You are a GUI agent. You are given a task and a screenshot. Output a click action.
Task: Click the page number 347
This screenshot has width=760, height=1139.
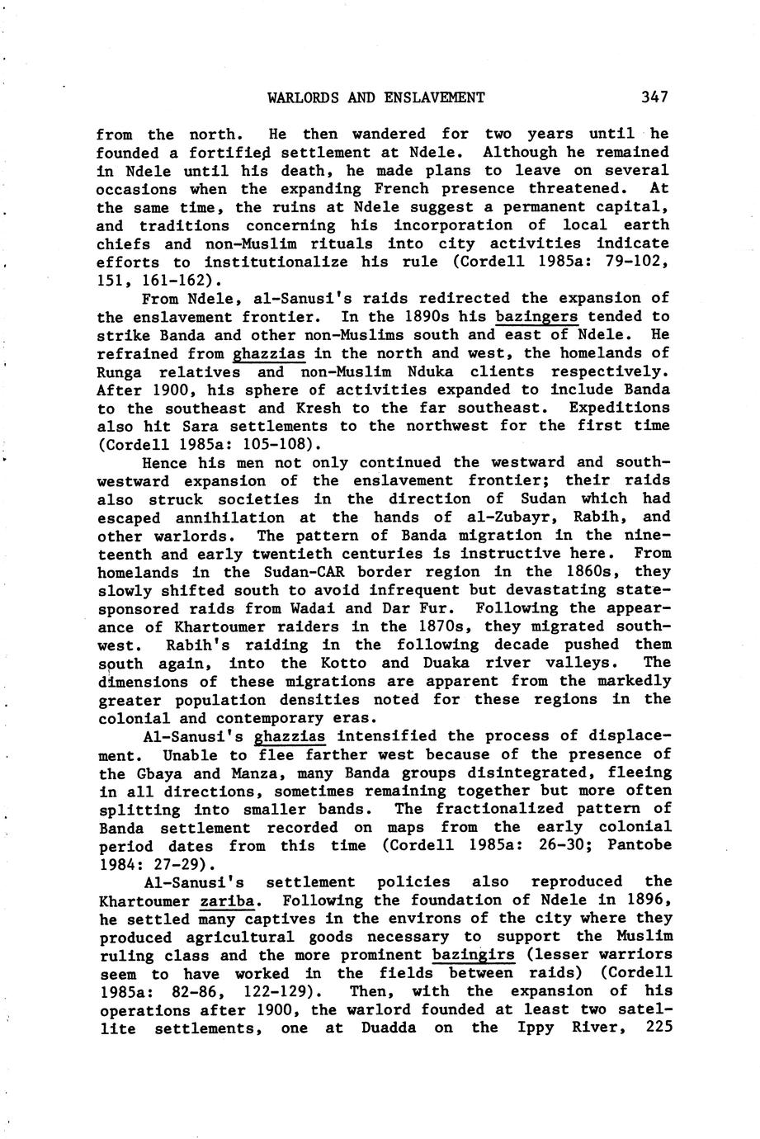tap(654, 97)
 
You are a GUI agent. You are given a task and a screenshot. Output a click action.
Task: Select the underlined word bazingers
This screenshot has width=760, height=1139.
tap(536, 316)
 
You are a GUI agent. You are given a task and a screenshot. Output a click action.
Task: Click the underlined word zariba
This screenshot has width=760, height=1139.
tap(227, 900)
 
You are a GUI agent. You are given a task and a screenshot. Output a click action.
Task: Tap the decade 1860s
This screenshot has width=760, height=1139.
tap(584, 572)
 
